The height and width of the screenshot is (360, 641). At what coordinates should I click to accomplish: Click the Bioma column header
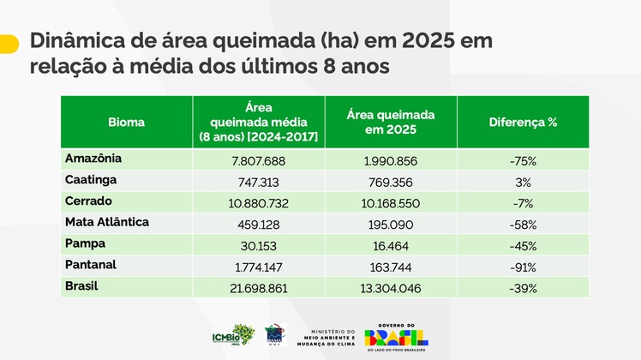coord(127,122)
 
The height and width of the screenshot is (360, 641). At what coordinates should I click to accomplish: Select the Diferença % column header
coord(523,122)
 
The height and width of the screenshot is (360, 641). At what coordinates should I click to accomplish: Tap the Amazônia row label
coord(93,159)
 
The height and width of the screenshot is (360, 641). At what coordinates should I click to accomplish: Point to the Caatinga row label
coord(92,180)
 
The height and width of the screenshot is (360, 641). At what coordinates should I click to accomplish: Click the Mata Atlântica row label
coord(107,222)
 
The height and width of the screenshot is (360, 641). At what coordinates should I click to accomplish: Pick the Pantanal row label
coord(91,265)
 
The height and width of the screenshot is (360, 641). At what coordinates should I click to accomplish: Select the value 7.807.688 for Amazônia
coord(258,160)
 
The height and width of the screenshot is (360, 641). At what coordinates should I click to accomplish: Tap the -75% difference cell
coord(523,160)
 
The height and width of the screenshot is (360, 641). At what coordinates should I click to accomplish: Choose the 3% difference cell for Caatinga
coord(524,182)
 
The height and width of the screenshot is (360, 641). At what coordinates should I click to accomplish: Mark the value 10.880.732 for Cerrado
coord(258,203)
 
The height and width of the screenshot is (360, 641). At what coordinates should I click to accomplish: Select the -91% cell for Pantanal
coord(523,267)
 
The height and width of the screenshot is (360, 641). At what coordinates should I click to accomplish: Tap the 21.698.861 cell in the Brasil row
coord(258,288)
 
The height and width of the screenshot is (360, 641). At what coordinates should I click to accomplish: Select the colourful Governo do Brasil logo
coord(396,334)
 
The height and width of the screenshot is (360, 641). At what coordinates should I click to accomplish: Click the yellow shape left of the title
coord(9,44)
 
